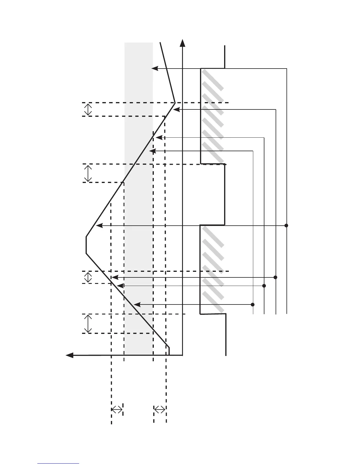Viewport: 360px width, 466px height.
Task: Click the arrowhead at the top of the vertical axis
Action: coord(183,43)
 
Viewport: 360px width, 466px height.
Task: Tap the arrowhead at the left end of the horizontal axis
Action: coord(69,355)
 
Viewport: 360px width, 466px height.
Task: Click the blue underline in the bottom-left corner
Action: coord(58,464)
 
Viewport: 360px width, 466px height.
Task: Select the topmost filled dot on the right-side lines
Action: coord(286,226)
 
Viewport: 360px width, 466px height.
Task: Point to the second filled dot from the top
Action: coord(276,277)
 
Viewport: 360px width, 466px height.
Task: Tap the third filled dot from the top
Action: coord(264,286)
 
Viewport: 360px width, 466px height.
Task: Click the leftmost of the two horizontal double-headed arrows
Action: coord(117,409)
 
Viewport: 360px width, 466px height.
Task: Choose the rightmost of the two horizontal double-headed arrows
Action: coord(160,409)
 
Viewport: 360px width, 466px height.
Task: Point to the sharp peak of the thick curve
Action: coord(175,103)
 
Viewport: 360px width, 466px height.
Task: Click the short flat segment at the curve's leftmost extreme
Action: coord(86,245)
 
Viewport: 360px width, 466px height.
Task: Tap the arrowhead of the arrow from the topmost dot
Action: coord(99,226)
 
